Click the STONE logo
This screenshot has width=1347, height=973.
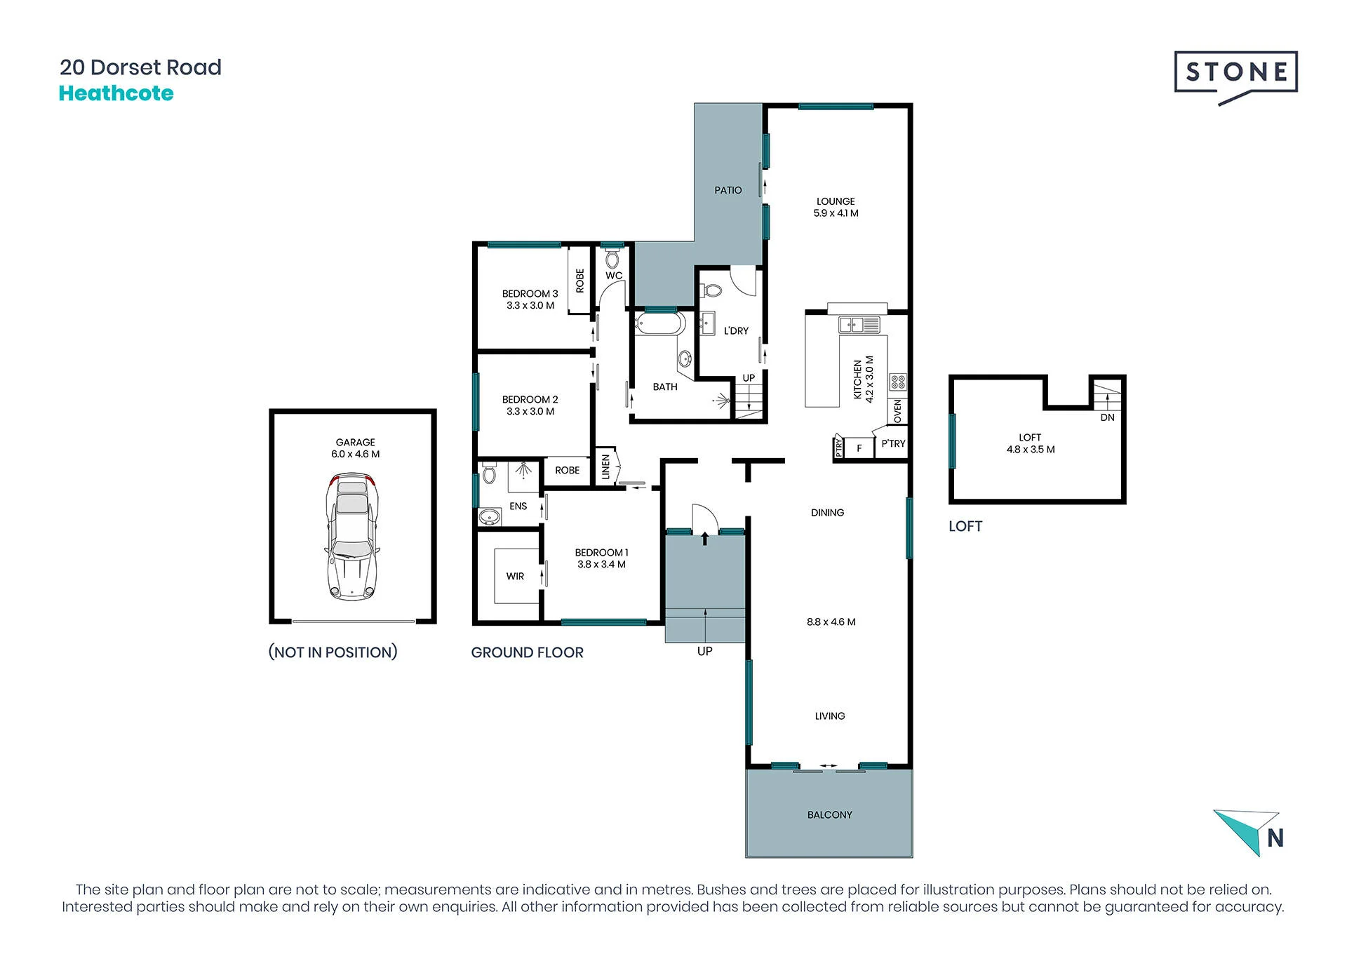pyautogui.click(x=1235, y=76)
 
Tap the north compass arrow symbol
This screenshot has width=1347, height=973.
pyautogui.click(x=1247, y=833)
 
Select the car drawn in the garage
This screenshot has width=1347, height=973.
pyautogui.click(x=352, y=537)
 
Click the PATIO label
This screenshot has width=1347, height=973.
pyautogui.click(x=728, y=190)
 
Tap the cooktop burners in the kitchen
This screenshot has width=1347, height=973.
pyautogui.click(x=898, y=382)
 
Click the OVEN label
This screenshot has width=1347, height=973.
pyautogui.click(x=898, y=411)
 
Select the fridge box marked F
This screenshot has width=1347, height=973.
pyautogui.click(x=859, y=448)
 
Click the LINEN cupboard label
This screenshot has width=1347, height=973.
pyautogui.click(x=605, y=467)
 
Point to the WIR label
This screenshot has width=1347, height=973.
pyautogui.click(x=515, y=576)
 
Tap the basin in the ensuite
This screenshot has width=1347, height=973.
pyautogui.click(x=489, y=518)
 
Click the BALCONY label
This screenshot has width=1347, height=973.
pyautogui.click(x=830, y=814)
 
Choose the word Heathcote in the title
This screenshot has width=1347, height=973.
pyautogui.click(x=116, y=93)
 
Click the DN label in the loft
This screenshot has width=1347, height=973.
pyautogui.click(x=1107, y=417)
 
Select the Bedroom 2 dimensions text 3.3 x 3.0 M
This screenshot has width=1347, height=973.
pyautogui.click(x=530, y=411)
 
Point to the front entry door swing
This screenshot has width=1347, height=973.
pyautogui.click(x=705, y=518)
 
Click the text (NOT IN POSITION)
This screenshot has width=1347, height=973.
pyautogui.click(x=333, y=652)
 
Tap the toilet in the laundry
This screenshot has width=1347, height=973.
pyautogui.click(x=712, y=290)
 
